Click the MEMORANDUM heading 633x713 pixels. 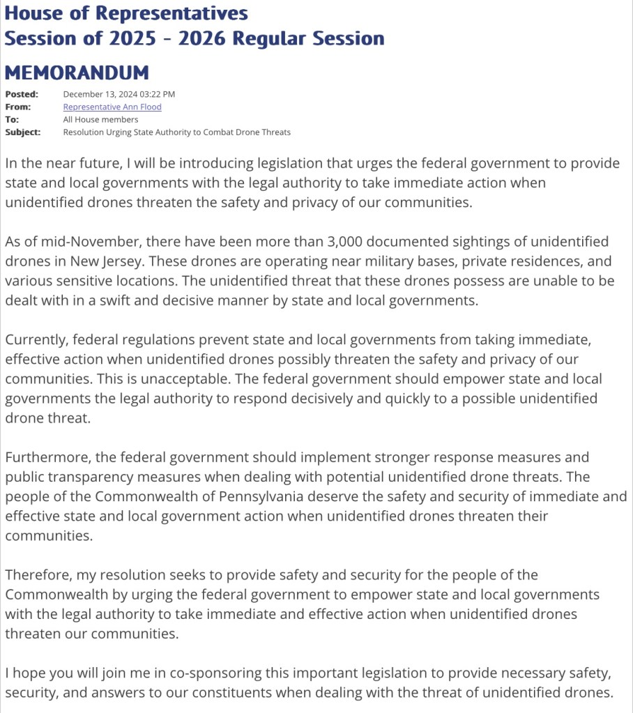(x=77, y=72)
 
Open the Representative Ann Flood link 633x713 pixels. (x=112, y=107)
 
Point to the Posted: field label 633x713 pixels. (x=22, y=94)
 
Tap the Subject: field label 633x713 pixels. (x=23, y=132)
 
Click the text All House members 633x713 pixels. (x=100, y=119)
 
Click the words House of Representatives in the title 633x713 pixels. (x=125, y=13)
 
